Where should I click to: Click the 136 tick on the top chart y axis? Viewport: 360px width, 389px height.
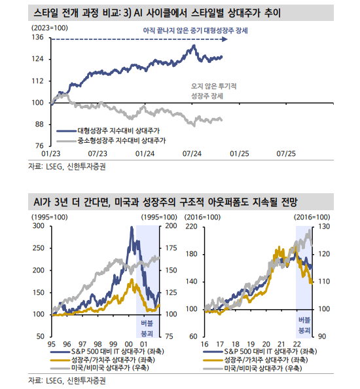(x=37, y=37)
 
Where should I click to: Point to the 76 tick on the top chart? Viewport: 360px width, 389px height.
(x=39, y=145)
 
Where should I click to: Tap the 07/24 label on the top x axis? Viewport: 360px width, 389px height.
(x=192, y=153)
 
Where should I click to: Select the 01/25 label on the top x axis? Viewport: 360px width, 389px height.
(x=240, y=153)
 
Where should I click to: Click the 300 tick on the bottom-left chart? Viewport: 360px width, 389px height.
(x=37, y=226)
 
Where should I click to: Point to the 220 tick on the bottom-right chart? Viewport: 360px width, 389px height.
(x=192, y=226)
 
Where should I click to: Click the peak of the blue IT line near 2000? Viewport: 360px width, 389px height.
(x=132, y=228)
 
